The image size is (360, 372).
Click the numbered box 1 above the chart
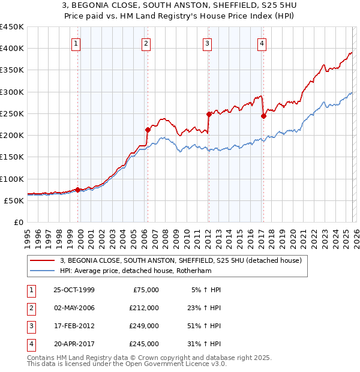tap(77, 43)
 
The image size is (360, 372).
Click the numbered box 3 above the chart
tap(207, 43)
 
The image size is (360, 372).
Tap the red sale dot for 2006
tap(148, 129)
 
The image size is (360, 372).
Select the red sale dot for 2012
tap(209, 113)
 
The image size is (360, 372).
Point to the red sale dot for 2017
tap(263, 116)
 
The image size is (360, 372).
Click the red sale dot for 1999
tap(78, 190)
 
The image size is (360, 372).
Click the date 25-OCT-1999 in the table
tap(74, 290)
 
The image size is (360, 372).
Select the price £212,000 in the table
tap(145, 308)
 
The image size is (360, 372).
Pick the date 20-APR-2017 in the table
tap(74, 344)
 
